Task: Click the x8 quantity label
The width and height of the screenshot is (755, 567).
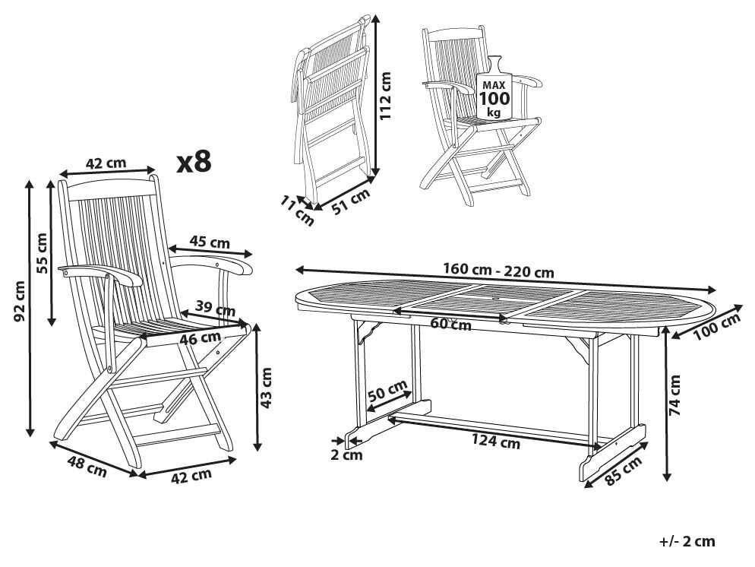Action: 193,162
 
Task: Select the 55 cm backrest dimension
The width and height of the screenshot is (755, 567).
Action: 42,253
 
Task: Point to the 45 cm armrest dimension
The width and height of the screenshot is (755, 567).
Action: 209,243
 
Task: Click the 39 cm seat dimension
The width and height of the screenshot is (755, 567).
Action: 215,309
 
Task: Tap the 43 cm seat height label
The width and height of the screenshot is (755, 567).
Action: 266,388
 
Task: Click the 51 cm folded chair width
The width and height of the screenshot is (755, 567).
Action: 350,200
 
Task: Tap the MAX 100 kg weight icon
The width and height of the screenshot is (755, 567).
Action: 494,95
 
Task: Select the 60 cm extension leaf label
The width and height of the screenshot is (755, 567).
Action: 450,325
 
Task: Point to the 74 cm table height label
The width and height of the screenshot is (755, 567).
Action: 675,398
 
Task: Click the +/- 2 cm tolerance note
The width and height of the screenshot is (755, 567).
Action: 687,541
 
